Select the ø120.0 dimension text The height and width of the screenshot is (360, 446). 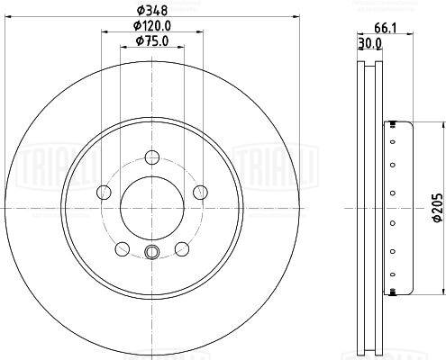click(x=150, y=27)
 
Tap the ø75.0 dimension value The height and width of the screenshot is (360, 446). click(x=150, y=40)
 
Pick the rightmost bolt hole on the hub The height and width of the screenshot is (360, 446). click(x=200, y=192)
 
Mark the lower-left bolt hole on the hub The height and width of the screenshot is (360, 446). click(x=120, y=248)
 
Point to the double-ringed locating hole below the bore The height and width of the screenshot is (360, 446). click(x=150, y=252)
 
